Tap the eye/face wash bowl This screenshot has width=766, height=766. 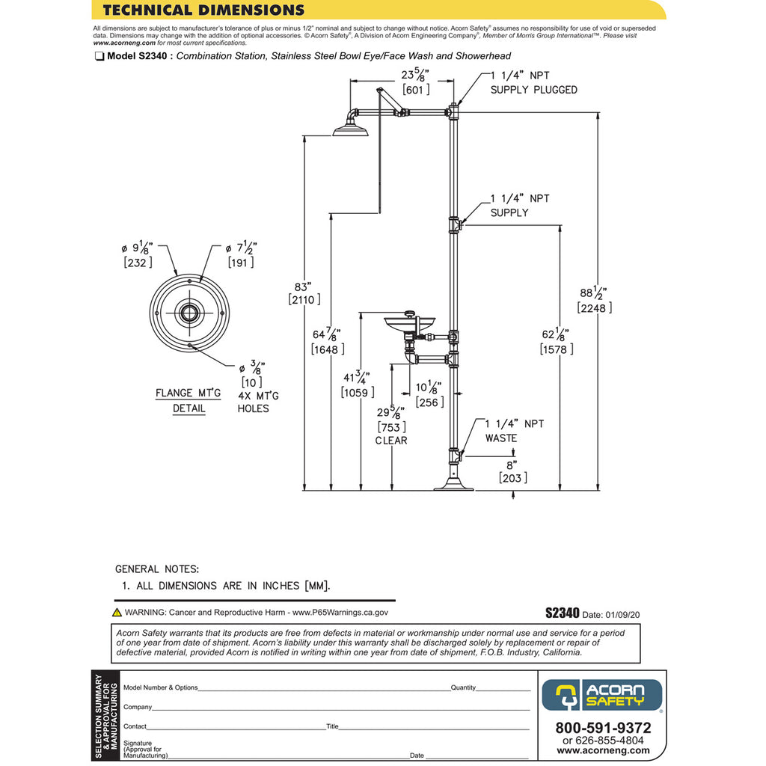[411, 324]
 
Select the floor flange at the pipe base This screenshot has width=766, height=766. [454, 486]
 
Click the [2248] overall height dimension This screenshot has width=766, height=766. [595, 307]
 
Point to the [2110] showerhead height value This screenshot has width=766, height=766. [304, 299]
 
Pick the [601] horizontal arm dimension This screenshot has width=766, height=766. [415, 90]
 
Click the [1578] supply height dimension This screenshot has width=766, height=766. [557, 349]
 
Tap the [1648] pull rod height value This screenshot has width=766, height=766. [328, 349]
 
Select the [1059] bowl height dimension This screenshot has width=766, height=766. [357, 392]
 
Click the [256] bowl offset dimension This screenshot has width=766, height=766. [429, 402]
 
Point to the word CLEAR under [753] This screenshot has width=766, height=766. [391, 441]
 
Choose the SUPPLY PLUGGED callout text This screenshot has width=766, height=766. [533, 90]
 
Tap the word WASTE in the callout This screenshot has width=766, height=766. [500, 438]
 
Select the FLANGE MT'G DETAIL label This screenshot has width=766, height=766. [189, 400]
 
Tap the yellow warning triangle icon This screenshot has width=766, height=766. [117, 612]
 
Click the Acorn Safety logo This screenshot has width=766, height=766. [601, 694]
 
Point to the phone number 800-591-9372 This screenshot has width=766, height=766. [603, 728]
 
